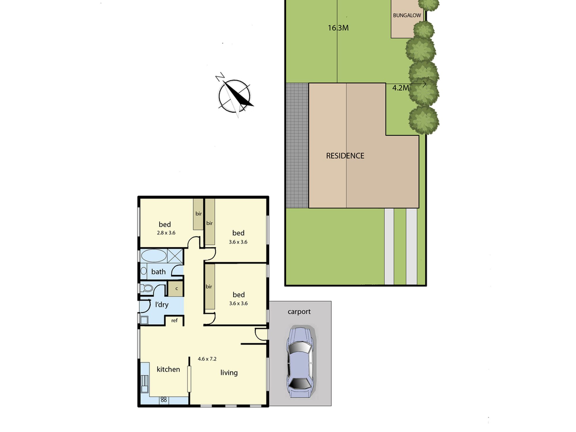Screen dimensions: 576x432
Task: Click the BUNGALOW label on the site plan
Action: click(407, 16)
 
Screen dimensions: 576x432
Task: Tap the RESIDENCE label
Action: click(345, 156)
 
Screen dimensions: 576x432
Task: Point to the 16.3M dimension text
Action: click(338, 28)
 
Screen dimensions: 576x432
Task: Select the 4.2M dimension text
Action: click(401, 88)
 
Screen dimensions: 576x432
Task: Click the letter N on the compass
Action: click(220, 77)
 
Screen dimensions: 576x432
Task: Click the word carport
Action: click(299, 312)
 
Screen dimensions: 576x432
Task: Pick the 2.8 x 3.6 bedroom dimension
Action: click(166, 233)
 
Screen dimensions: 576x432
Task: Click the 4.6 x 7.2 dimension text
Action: click(207, 359)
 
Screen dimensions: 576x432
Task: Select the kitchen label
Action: click(168, 369)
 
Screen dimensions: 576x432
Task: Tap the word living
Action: click(229, 373)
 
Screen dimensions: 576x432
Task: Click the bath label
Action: click(158, 272)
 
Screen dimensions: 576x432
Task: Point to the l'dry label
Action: click(162, 304)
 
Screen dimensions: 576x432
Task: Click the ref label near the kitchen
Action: click(175, 320)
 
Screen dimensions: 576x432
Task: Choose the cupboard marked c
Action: click(175, 288)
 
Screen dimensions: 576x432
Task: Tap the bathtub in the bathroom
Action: click(154, 256)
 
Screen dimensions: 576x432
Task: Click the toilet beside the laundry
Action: click(146, 288)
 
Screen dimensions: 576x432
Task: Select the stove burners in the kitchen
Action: click(164, 399)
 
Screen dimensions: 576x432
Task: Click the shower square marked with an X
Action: click(175, 256)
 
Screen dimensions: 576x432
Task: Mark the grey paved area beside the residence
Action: click(297, 146)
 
